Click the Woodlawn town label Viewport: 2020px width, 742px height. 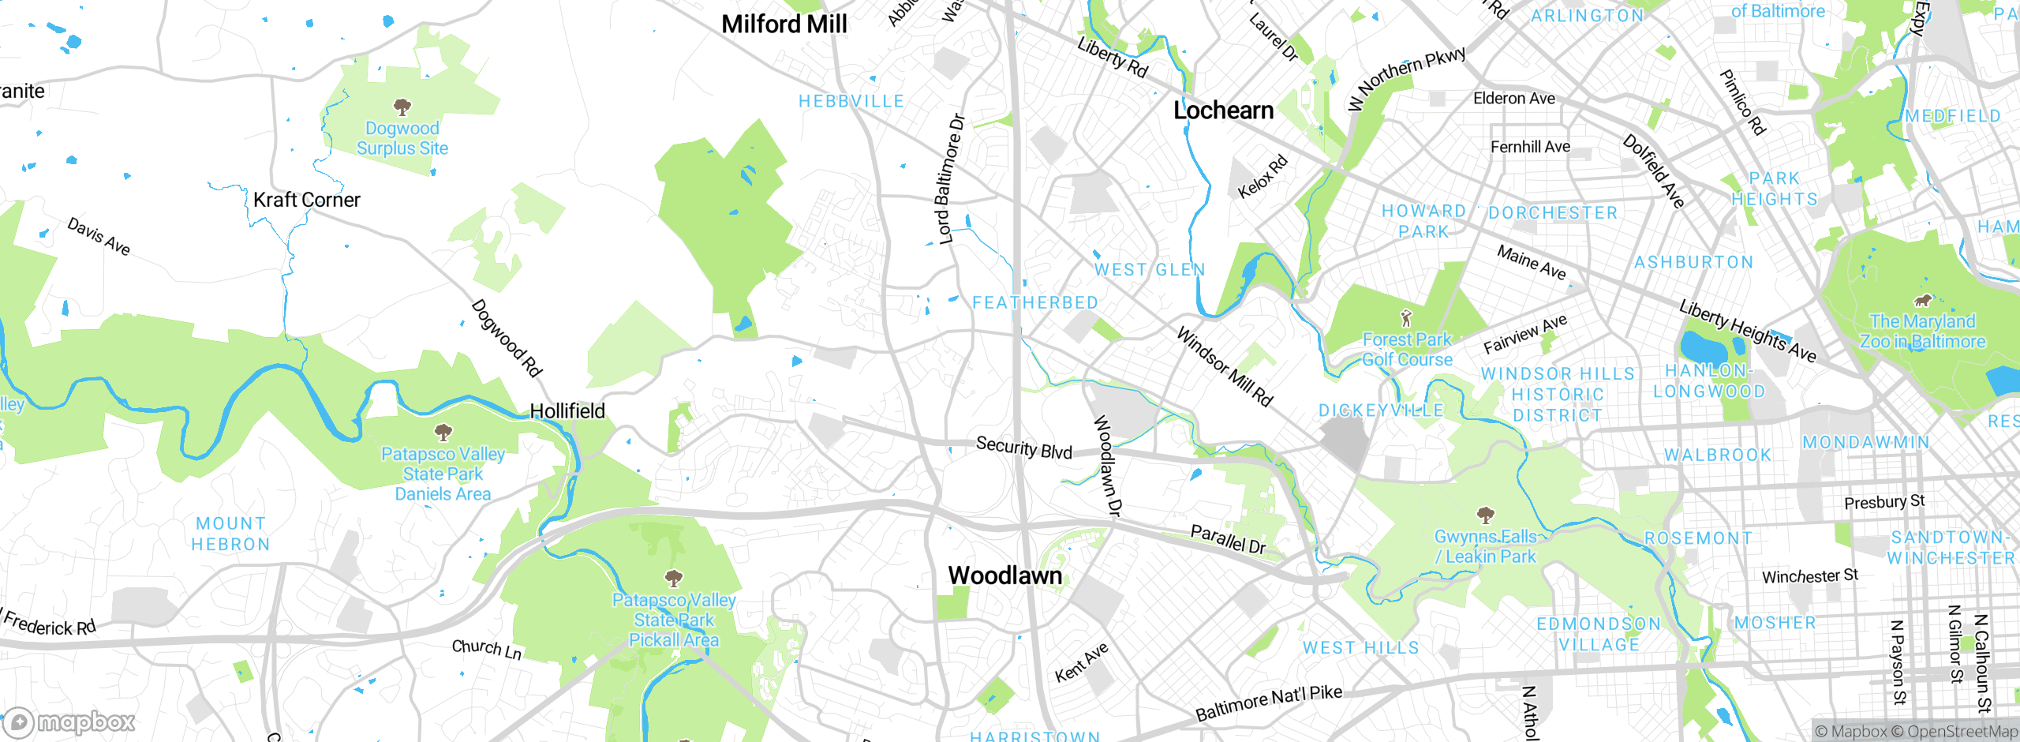click(x=1004, y=575)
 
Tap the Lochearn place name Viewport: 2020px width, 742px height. click(x=1223, y=111)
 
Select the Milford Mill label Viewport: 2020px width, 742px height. click(x=784, y=24)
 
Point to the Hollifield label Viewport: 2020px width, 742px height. click(x=567, y=411)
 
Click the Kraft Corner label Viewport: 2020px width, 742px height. click(x=306, y=200)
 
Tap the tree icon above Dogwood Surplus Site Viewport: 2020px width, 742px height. click(x=402, y=106)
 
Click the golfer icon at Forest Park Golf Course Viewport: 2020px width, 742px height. click(x=1405, y=319)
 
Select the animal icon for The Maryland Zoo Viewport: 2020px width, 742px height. click(x=1923, y=301)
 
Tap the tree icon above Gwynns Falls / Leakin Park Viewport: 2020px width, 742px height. click(x=1486, y=515)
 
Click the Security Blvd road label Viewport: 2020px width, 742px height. click(x=1024, y=448)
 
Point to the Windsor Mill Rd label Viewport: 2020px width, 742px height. click(x=1224, y=367)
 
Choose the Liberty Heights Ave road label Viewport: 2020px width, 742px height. click(x=1747, y=331)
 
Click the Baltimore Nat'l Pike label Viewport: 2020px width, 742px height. click(x=1268, y=703)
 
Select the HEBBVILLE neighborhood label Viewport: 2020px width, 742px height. click(x=851, y=102)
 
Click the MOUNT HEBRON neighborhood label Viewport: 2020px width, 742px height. click(x=230, y=534)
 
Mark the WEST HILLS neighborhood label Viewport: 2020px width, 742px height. click(x=1360, y=648)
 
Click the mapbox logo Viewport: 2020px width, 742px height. click(x=69, y=722)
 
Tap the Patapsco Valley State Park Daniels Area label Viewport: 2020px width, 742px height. click(x=443, y=474)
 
